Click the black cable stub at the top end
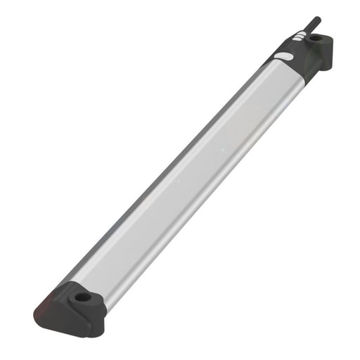click(311, 26)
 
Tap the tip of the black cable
click(318, 19)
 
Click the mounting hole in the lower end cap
click(83, 297)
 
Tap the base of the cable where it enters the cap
click(304, 34)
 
